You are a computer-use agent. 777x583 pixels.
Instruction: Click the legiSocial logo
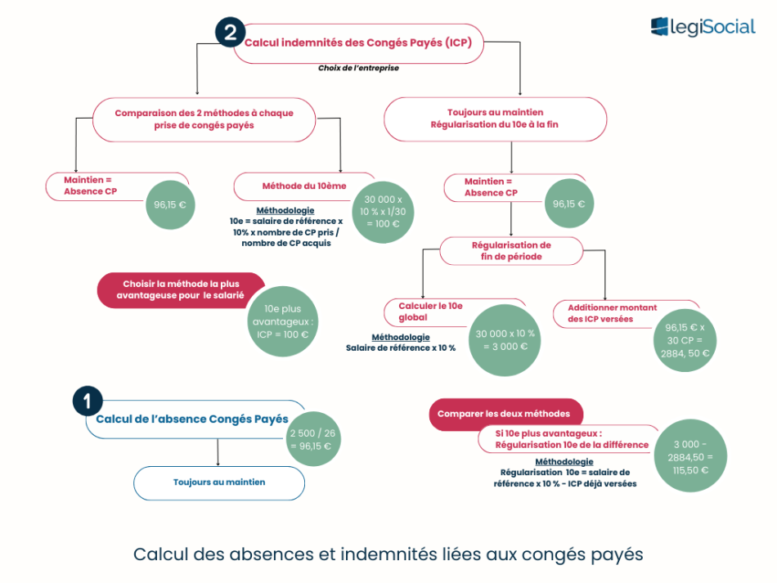703,27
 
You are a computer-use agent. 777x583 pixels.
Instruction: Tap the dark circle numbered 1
88,401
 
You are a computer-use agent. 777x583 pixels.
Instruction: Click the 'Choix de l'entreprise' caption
358,69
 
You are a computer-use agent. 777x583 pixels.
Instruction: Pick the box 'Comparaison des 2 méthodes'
204,119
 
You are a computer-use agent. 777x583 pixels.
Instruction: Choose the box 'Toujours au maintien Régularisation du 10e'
495,119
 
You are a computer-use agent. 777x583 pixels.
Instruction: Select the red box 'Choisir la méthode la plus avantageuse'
182,289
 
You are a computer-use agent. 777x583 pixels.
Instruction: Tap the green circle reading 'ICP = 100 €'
282,321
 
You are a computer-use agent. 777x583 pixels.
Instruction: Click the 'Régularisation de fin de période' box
511,251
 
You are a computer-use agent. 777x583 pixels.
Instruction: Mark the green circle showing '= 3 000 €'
506,339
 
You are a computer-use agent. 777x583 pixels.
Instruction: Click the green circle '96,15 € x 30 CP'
685,340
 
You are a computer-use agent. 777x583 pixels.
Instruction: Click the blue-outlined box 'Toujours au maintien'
219,482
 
